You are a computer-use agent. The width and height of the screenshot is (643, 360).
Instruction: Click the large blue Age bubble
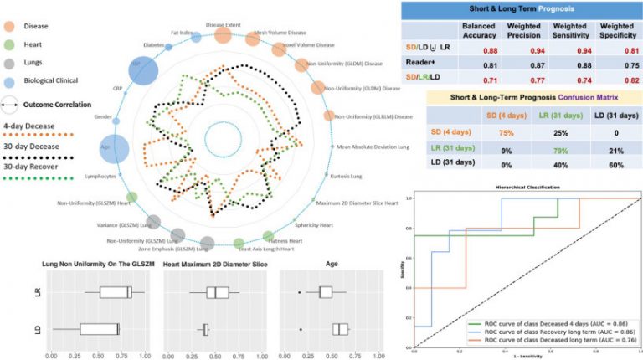[x=113, y=149]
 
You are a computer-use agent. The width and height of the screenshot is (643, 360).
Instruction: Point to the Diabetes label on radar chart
[x=153, y=45]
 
